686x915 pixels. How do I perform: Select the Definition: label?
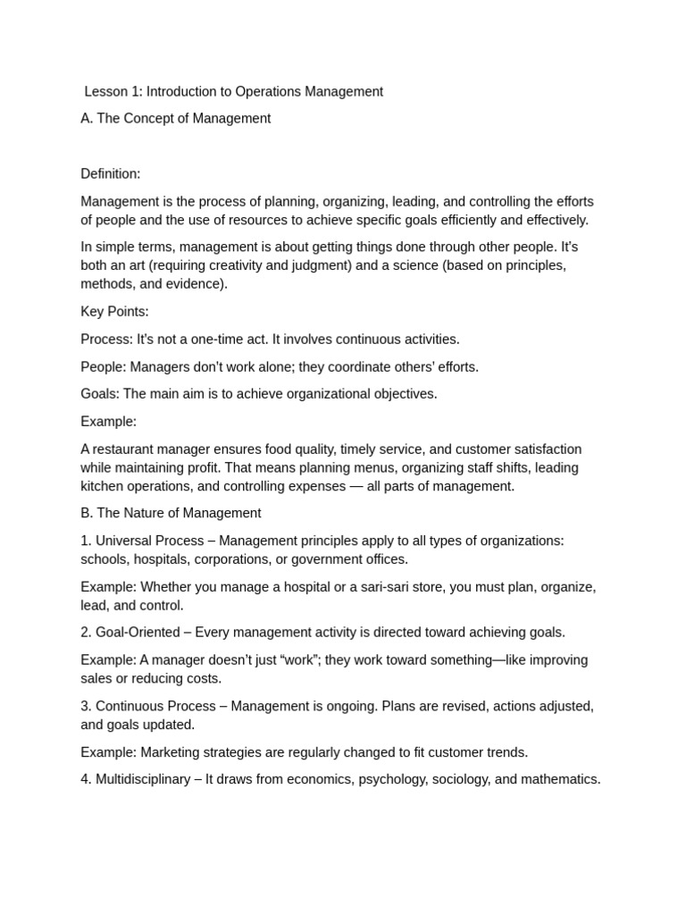click(111, 173)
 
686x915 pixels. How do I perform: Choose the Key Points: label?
click(114, 312)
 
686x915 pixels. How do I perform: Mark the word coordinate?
click(336, 366)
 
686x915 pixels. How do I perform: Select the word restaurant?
click(126, 449)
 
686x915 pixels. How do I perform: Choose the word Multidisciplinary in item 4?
click(143, 779)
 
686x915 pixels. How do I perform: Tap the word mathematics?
click(559, 779)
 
